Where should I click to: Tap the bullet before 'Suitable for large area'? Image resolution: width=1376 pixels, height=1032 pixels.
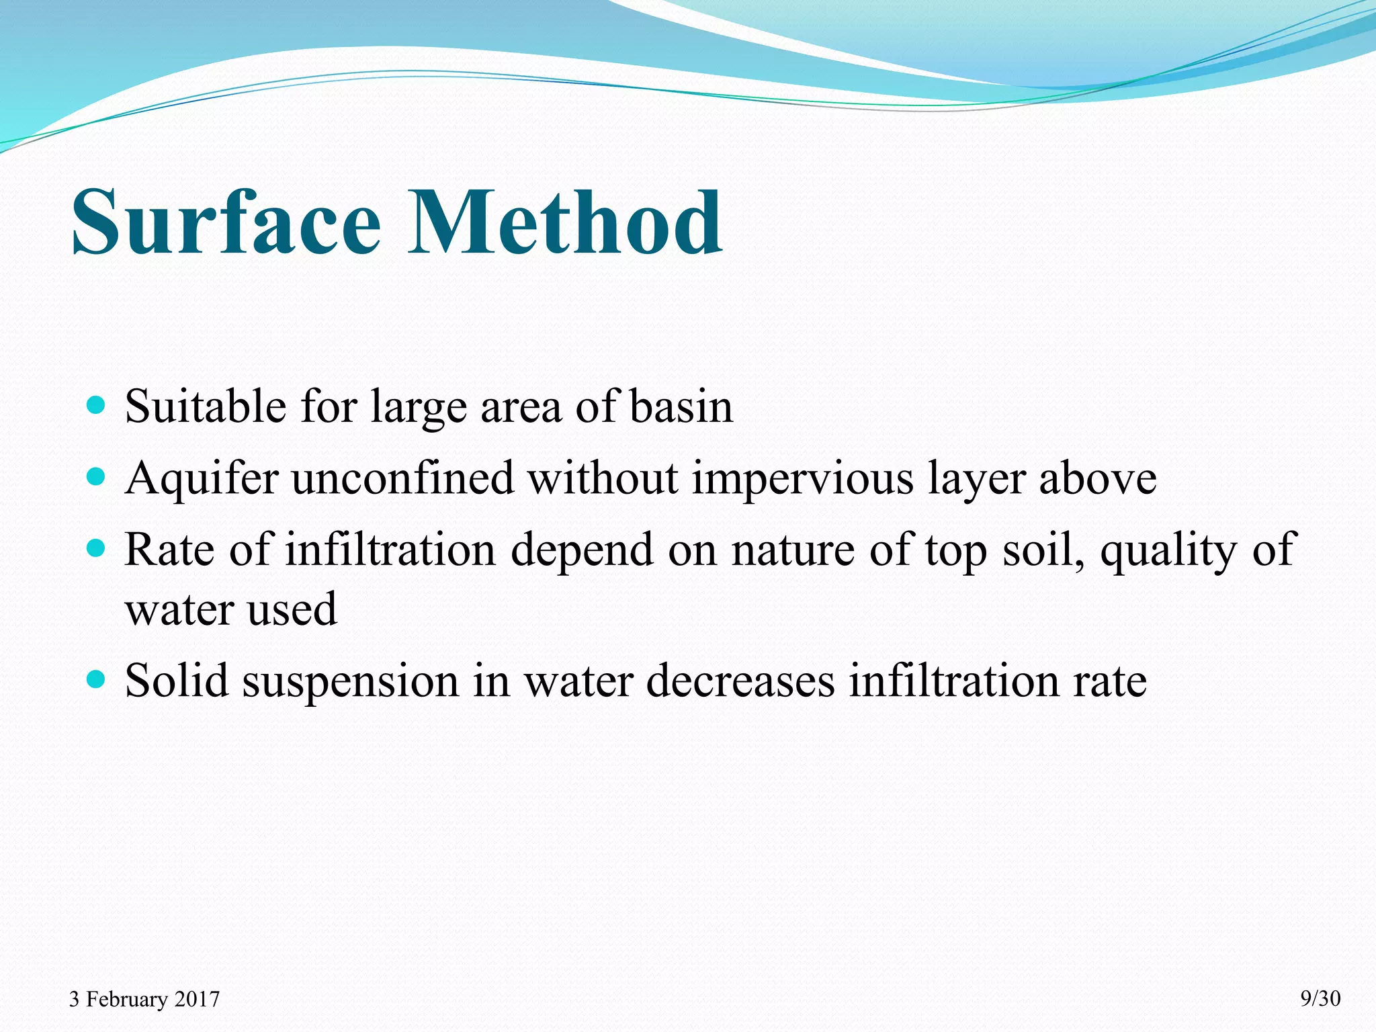tap(97, 405)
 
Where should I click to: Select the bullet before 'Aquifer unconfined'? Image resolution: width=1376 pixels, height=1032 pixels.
tap(97, 477)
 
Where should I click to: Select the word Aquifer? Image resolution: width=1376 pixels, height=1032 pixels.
tap(202, 478)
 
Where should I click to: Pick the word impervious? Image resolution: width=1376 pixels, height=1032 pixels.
tap(803, 478)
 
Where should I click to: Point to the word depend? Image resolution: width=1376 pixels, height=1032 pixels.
tap(581, 550)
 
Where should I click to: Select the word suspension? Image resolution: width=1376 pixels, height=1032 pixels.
tap(349, 681)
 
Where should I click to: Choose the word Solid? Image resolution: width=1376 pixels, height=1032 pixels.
tap(177, 681)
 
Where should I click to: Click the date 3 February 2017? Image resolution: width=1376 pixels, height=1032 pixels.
tap(144, 999)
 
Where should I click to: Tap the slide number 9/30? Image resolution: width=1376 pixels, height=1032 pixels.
tap(1320, 998)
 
